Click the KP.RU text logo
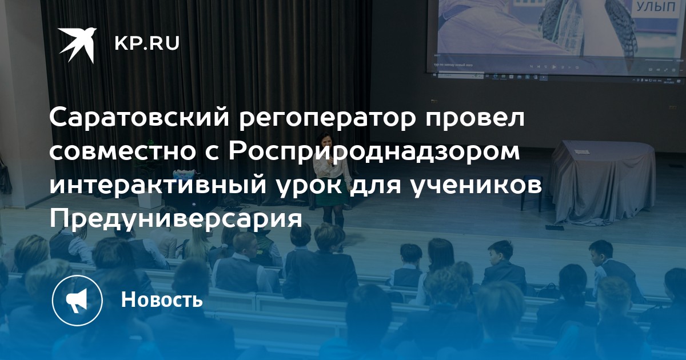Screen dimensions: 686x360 point(147,44)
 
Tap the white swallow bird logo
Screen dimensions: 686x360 point(78,45)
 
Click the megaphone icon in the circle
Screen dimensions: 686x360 point(77,301)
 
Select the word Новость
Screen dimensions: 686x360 point(162,299)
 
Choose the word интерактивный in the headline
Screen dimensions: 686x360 point(158,185)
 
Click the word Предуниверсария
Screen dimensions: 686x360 point(176,220)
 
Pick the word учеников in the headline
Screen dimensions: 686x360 point(476,185)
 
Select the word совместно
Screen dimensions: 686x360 point(123,152)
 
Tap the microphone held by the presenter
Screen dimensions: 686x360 point(332,161)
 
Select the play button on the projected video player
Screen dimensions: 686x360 point(554,67)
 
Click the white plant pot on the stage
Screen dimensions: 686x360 point(149,198)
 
